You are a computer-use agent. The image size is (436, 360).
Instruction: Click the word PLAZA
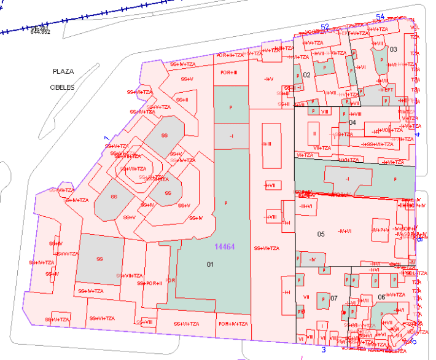63,72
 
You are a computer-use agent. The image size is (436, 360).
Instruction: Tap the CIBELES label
62,87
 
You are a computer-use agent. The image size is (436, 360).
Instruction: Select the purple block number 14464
225,246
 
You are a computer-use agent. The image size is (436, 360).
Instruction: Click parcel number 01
209,264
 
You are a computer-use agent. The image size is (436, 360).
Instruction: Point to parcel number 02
307,75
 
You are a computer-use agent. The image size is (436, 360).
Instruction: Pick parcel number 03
394,49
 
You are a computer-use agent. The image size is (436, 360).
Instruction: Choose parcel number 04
352,123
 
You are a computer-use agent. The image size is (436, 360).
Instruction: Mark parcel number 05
321,234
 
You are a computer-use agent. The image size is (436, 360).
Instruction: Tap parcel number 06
381,297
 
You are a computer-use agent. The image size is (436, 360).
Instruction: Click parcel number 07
334,298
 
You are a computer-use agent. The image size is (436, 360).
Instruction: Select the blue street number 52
325,26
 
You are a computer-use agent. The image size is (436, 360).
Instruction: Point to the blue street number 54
380,17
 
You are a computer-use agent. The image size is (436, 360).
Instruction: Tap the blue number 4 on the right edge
418,135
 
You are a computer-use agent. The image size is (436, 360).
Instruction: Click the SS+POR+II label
150,283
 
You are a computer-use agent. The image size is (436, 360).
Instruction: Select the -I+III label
267,144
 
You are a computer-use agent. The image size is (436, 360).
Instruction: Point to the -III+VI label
306,206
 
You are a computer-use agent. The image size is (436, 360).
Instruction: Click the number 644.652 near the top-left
41,32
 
